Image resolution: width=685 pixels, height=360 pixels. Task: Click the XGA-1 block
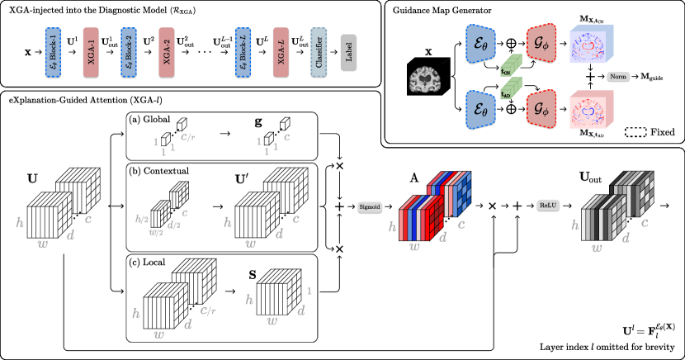91,53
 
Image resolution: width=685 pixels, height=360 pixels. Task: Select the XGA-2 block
167,53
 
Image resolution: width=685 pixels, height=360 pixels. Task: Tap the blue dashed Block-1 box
53,53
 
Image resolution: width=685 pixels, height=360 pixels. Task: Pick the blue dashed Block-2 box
128,53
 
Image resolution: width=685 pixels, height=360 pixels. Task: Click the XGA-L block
281,53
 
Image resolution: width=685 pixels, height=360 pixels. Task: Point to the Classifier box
319,53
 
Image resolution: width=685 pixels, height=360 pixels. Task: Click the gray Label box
348,53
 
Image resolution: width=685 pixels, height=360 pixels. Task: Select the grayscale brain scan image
426,80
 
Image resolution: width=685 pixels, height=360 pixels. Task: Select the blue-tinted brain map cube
591,42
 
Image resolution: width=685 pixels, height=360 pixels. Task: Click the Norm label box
618,77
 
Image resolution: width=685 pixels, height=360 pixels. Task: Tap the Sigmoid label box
371,206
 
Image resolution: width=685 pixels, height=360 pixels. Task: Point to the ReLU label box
548,204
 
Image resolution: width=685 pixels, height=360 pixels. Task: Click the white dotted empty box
635,132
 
